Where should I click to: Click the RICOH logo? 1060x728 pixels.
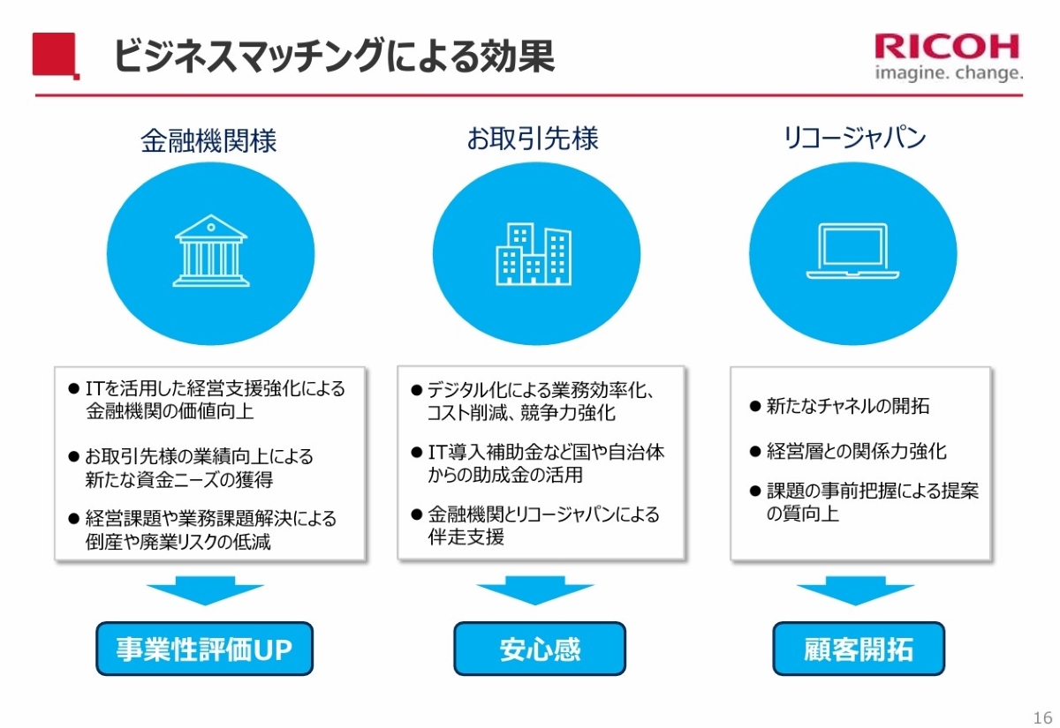pos(948,46)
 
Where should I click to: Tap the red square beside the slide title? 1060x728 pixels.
pos(55,55)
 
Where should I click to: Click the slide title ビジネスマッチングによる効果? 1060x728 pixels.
pos(333,55)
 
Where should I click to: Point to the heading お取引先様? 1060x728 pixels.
pos(533,139)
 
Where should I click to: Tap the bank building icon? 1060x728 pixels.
pos(210,251)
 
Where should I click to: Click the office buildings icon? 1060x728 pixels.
pos(534,253)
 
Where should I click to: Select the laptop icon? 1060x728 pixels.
pos(852,252)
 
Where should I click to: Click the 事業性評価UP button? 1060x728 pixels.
pos(204,649)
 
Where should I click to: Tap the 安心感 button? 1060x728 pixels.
pos(540,649)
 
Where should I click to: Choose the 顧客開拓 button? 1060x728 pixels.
pos(859,649)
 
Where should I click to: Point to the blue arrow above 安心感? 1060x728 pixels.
pos(535,590)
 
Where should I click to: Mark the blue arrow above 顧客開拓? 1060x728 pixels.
pos(854,590)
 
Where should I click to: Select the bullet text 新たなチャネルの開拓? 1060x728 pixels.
pos(847,407)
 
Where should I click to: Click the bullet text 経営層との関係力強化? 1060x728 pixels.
pos(856,451)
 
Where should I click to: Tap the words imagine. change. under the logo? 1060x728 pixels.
pos(949,72)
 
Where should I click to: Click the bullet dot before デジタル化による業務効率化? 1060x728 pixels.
pos(416,390)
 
